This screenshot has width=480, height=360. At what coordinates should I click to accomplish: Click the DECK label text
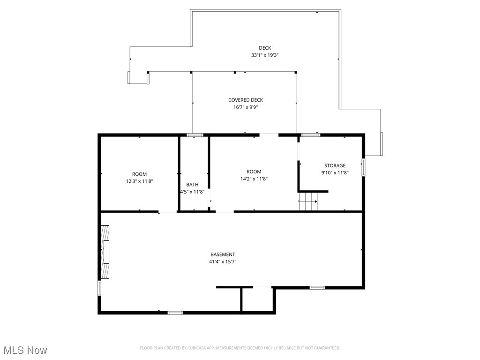[x=265, y=48]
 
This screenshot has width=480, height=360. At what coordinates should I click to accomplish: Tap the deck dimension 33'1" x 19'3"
[x=265, y=55]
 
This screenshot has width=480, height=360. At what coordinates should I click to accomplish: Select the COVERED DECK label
[x=246, y=100]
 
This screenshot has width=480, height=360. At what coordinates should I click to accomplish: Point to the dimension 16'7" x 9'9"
[x=246, y=107]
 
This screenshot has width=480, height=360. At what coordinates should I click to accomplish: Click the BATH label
[x=192, y=185]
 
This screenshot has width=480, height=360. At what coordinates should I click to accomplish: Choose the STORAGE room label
[x=335, y=165]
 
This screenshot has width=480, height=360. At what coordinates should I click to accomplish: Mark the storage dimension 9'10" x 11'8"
[x=335, y=172]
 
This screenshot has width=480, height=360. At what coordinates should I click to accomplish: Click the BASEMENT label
[x=223, y=255]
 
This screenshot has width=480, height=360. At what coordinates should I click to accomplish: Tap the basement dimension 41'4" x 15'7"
[x=223, y=262]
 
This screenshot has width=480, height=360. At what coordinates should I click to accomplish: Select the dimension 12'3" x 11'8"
[x=139, y=181]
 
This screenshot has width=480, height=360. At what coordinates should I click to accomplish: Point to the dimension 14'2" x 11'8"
[x=254, y=179]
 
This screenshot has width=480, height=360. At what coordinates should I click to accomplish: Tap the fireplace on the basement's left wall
[x=105, y=252]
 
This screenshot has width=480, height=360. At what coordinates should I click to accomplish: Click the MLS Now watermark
[x=25, y=350]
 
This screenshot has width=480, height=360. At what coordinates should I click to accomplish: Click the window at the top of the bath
[x=195, y=135]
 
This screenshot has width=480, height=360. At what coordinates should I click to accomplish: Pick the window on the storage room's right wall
[x=363, y=167]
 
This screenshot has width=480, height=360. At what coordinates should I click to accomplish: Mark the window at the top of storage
[x=310, y=135]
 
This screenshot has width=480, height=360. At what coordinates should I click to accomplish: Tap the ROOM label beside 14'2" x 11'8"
[x=254, y=172]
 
